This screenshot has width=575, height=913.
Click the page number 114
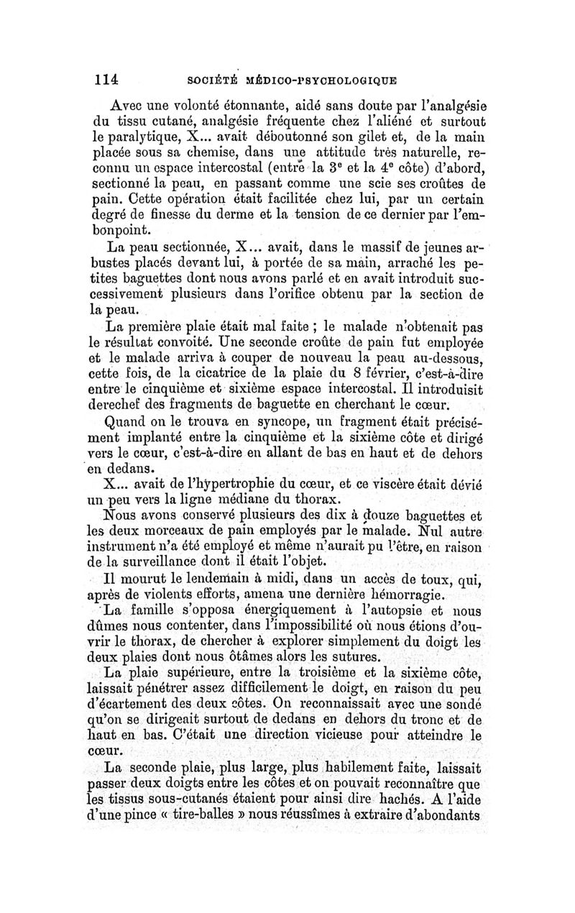point(104,76)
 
